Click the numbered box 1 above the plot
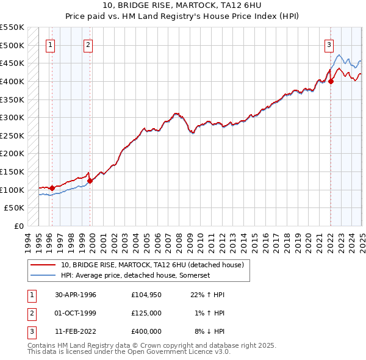coord(49,44)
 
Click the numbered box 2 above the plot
coord(88,44)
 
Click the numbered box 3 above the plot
coord(329,44)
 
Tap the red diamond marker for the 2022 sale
coord(331,81)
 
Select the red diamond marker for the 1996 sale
coord(52,188)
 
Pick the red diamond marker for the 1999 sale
coord(90,181)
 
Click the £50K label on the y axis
coord(14,208)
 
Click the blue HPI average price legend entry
coord(136,276)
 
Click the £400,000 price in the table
coord(146,331)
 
